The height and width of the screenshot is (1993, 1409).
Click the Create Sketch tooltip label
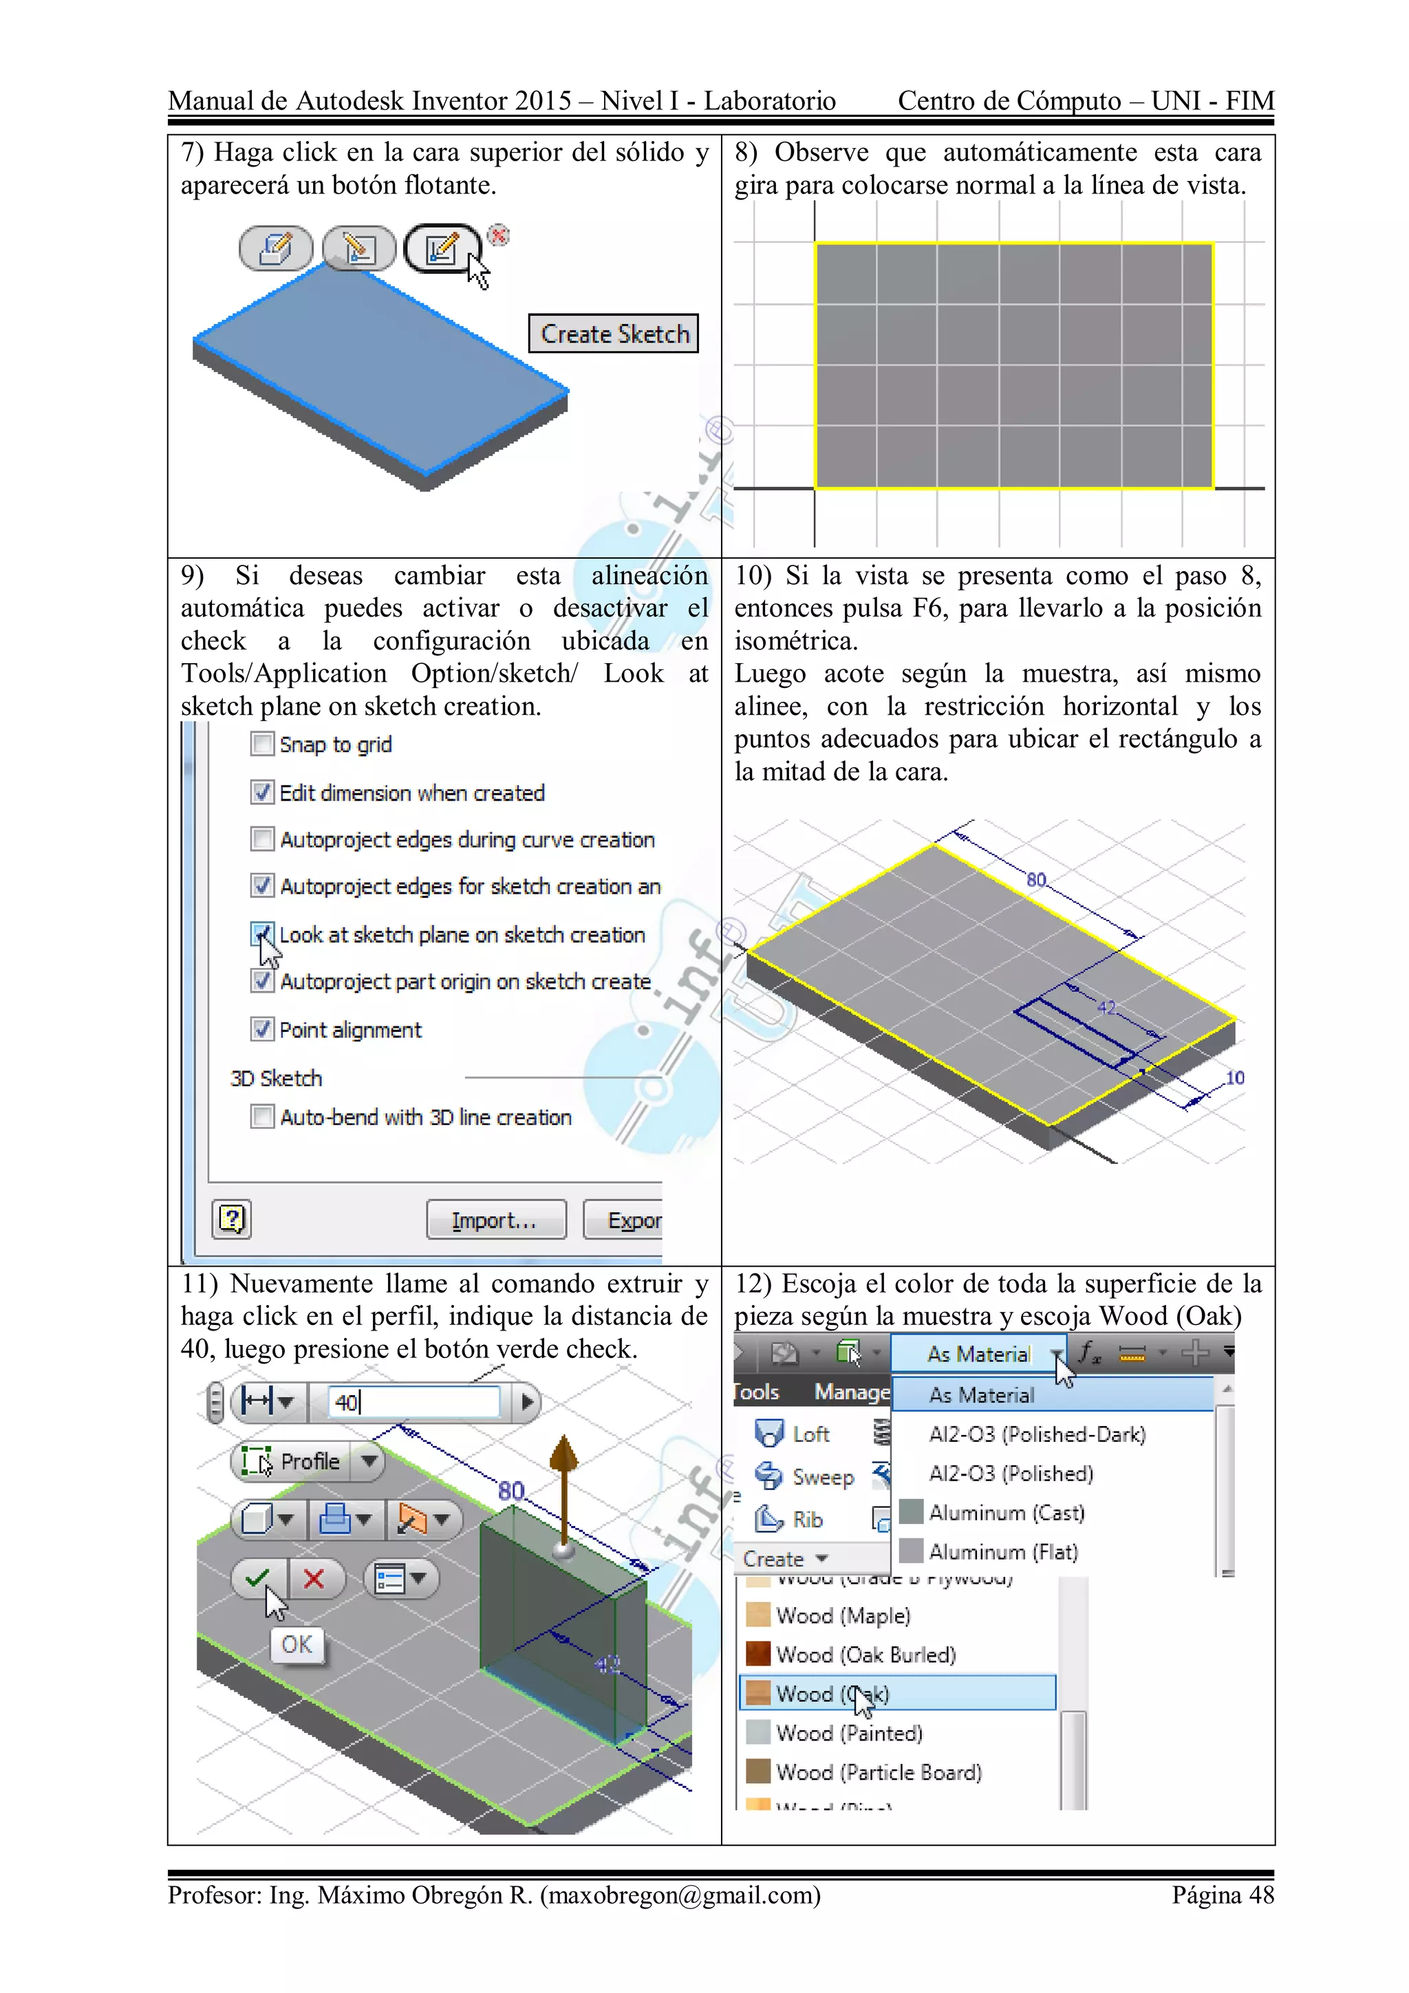613,334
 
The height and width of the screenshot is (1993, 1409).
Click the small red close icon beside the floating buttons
498,235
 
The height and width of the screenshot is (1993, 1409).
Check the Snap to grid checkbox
261,744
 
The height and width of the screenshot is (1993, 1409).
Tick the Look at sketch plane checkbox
261,934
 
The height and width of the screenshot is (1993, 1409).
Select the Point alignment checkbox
261,1029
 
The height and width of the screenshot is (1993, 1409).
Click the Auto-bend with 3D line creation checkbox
261,1117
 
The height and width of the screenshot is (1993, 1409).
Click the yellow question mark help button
232,1220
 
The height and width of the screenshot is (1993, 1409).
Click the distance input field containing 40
413,1402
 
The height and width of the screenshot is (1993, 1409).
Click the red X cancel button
314,1578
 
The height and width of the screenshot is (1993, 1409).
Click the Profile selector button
295,1462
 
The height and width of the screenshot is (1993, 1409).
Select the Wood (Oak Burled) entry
865,1655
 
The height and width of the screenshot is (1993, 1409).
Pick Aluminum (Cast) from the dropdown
1005,1513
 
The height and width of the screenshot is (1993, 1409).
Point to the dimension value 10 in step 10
1234,1078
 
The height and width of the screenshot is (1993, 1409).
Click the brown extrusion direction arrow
564,1476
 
